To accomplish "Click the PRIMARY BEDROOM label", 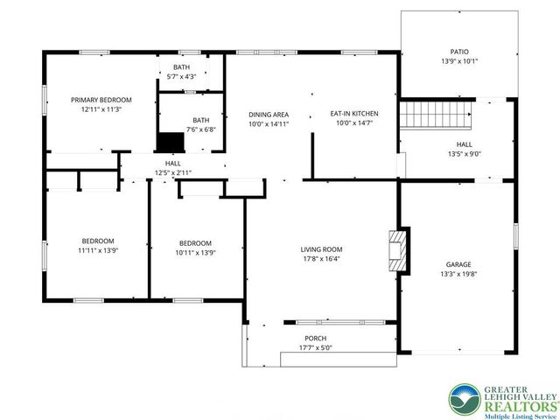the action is [101, 100].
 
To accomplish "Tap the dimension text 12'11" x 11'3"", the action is [101, 109].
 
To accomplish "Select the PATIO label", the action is [459, 52].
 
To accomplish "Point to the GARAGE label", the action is [458, 264].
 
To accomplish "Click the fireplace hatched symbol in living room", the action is [397, 251].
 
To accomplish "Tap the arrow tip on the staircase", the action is [470, 115].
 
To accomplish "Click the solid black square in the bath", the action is [171, 142].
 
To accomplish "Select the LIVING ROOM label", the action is [321, 249].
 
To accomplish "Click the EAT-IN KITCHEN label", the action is [354, 114].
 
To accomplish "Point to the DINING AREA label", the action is [269, 115].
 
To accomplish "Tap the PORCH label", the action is [315, 339].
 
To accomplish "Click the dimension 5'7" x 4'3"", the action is [181, 76].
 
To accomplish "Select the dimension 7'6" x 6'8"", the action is [201, 129].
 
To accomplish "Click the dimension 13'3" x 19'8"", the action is [458, 274].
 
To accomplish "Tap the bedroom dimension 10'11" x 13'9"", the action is [196, 253].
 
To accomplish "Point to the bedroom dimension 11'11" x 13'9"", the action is [98, 250].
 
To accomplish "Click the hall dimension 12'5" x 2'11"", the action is [173, 173].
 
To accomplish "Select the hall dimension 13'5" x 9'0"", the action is [465, 154].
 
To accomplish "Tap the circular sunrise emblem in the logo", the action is [465, 400].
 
